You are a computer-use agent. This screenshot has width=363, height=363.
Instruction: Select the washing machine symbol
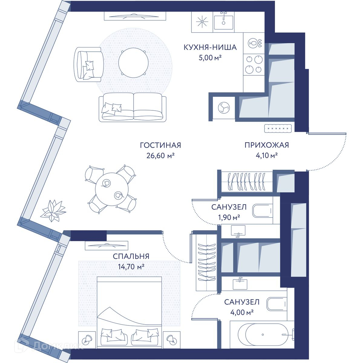pyautogui.click(x=224, y=108)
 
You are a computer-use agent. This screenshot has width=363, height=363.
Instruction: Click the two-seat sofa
pyautogui.click(x=132, y=107)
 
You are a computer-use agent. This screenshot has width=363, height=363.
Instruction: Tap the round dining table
pyautogui.click(x=112, y=189)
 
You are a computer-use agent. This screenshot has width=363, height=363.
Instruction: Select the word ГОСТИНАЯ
pyautogui.click(x=161, y=146)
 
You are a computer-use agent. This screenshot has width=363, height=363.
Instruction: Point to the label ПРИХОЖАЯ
pyautogui.click(x=267, y=145)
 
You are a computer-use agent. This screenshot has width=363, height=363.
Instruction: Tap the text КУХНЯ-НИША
pyautogui.click(x=210, y=47)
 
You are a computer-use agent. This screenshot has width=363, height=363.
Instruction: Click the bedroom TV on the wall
pyautogui.click(x=106, y=245)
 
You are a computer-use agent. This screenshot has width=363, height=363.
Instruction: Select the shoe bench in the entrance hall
pyautogui.click(x=278, y=129)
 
